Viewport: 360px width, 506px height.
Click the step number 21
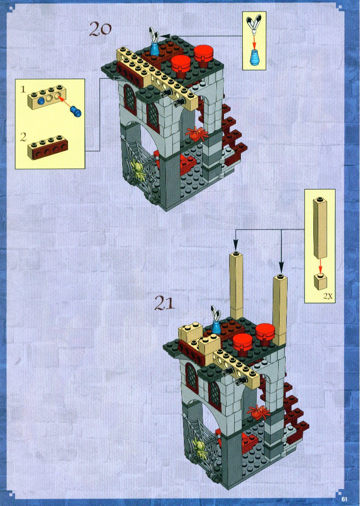point(164,303)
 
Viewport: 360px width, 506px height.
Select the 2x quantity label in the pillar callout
point(328,296)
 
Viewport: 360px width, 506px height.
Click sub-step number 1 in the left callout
point(23,89)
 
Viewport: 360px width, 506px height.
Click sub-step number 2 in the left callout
point(23,138)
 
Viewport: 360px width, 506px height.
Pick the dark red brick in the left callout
point(48,148)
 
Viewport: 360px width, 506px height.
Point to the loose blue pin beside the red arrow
point(76,111)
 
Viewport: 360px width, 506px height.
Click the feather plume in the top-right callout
point(255,23)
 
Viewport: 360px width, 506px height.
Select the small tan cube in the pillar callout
point(320,281)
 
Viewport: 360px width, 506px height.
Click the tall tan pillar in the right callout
point(320,228)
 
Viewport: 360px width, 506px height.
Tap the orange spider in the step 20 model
point(197,133)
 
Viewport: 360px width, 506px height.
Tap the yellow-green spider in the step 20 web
point(138,170)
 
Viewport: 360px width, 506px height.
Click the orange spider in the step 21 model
point(258,412)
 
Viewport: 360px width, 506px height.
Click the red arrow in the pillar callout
point(320,265)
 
